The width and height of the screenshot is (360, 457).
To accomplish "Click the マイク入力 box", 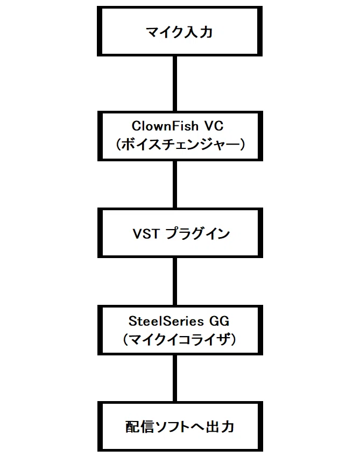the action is [180, 31].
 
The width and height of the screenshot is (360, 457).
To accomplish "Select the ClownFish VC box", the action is [180, 136].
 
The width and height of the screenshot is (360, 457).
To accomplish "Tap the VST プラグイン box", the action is [180, 233].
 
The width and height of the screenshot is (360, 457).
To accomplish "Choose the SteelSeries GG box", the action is [180, 330].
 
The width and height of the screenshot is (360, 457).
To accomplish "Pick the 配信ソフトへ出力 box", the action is [180, 426].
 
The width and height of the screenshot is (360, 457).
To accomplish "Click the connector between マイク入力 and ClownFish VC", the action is [175, 84].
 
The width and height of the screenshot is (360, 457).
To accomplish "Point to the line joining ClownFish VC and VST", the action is [175, 184].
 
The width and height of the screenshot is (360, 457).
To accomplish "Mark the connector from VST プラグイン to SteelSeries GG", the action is [175, 282].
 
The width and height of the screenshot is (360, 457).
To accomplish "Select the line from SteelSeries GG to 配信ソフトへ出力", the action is [175, 379].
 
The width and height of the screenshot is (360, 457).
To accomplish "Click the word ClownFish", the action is [165, 126].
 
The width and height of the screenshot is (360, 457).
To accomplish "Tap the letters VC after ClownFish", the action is [214, 126].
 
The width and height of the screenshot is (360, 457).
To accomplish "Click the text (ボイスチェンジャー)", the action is [180, 144].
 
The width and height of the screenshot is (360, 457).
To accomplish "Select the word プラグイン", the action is [198, 234].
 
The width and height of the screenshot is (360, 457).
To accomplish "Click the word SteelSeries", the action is [166, 321].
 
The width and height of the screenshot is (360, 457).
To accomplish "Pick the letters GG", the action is [219, 321].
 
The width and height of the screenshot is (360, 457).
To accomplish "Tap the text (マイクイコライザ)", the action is [180, 339].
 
